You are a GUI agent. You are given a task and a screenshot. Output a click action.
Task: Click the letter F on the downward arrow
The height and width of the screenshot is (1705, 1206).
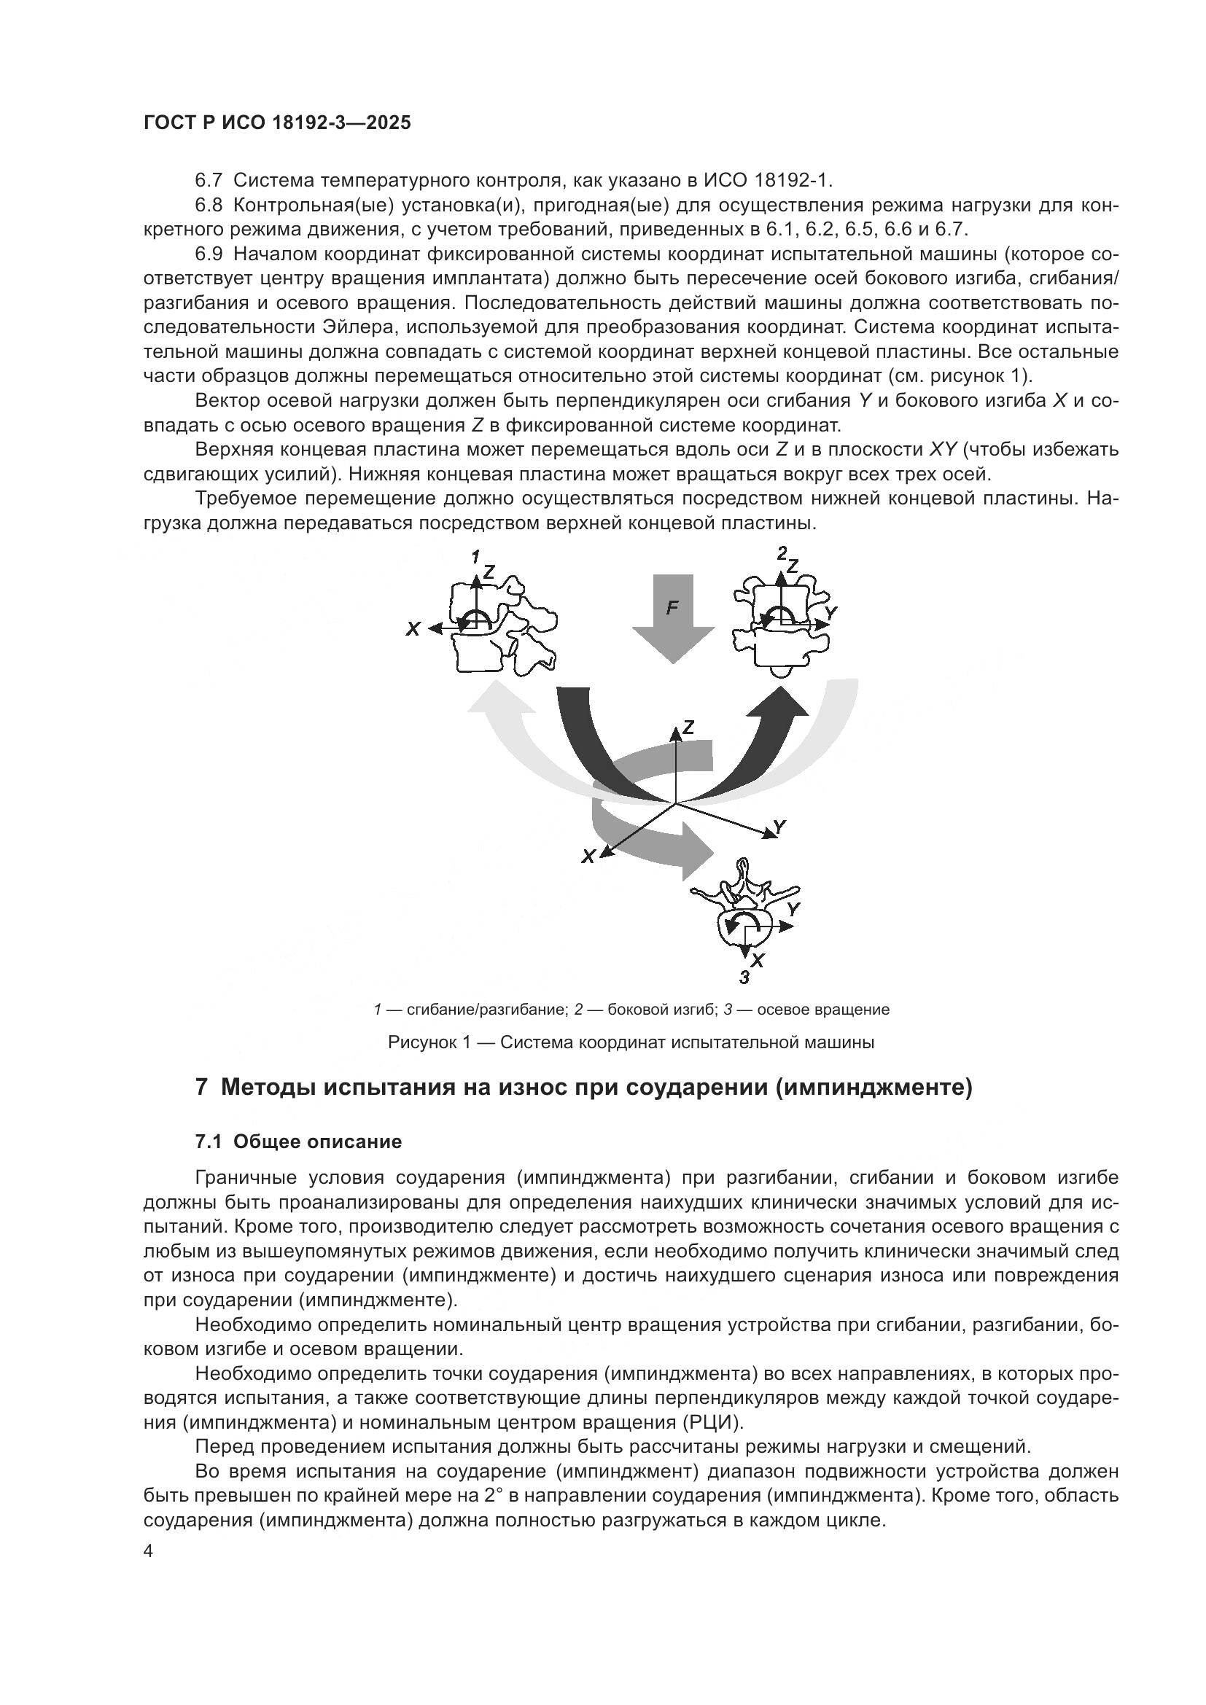tap(672, 607)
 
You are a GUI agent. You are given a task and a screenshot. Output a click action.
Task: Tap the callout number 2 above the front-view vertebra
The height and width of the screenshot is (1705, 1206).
tap(782, 553)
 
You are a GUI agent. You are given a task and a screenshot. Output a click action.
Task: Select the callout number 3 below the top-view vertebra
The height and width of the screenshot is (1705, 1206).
tap(744, 978)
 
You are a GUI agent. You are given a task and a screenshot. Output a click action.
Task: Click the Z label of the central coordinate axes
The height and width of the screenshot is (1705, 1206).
tap(688, 727)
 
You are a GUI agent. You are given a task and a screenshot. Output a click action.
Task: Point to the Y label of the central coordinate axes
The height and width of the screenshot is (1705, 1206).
tap(779, 827)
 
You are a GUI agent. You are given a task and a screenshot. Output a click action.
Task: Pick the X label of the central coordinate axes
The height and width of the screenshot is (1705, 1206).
tap(588, 857)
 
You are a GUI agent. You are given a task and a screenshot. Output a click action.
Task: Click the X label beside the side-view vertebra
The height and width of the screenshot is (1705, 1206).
tap(413, 629)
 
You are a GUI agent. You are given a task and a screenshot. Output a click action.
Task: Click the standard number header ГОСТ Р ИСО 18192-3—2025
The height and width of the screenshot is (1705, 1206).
tap(277, 123)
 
